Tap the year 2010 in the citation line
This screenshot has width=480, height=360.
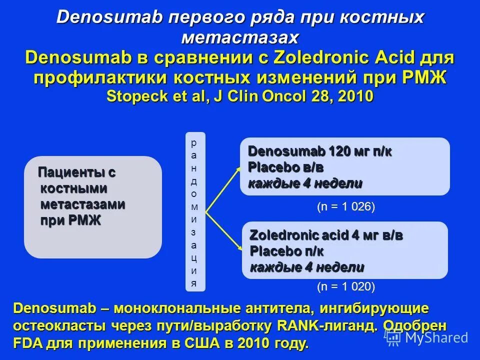pos(355,95)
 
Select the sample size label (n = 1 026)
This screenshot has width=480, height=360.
pos(346,207)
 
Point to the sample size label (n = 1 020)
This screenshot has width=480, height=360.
pos(346,286)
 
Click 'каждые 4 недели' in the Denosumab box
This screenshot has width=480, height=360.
pos(305,183)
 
